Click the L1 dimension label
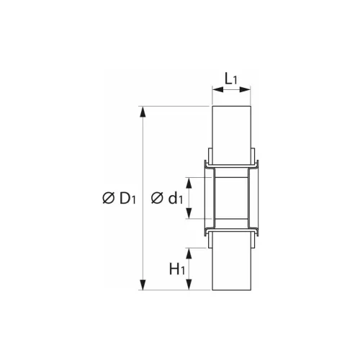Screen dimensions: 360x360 click(232, 76)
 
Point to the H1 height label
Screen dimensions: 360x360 click(177, 269)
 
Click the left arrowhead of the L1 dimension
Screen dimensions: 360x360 click(215, 90)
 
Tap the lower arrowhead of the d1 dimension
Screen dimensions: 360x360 click(190, 215)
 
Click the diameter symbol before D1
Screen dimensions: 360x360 click(108, 198)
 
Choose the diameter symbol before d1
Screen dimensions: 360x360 click(158, 198)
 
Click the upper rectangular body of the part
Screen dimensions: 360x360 click(232, 133)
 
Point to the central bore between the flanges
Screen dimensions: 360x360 click(232, 198)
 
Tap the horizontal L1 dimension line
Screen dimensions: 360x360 click(232, 90)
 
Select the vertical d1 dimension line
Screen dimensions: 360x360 click(190, 198)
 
